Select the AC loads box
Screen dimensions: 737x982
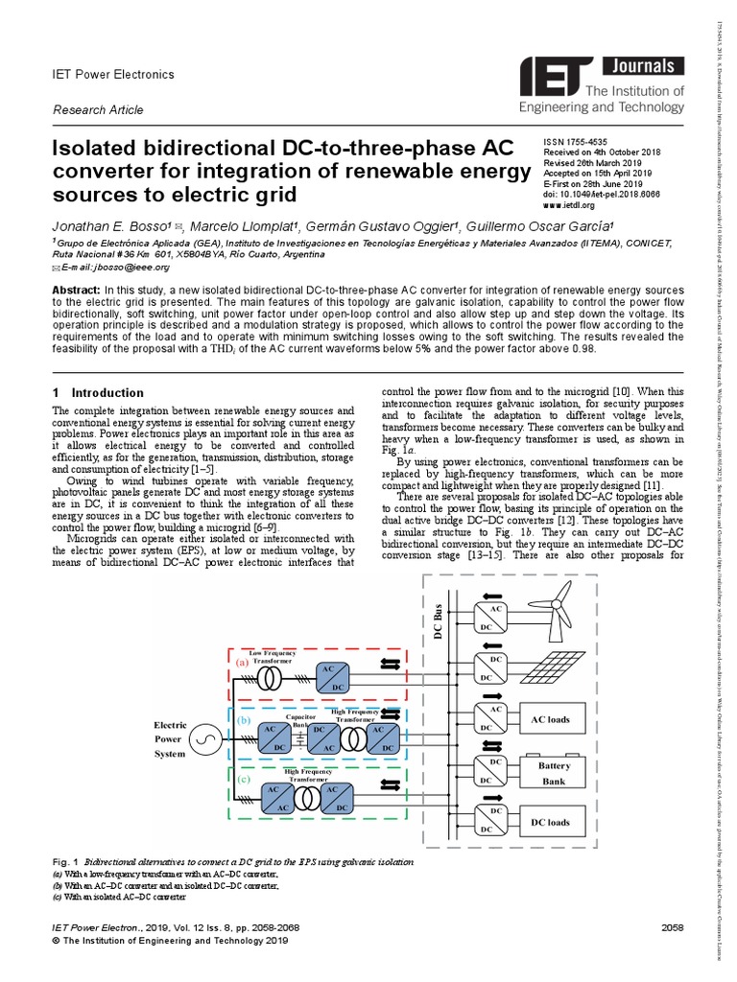pyautogui.click(x=550, y=719)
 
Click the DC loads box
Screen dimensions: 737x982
pyautogui.click(x=550, y=822)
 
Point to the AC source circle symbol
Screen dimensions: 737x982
pyautogui.click(x=203, y=739)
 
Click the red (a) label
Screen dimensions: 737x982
pyautogui.click(x=243, y=662)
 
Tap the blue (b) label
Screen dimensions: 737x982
pyautogui.click(x=243, y=719)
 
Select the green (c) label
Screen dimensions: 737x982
pyautogui.click(x=243, y=780)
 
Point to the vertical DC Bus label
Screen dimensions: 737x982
pyautogui.click(x=439, y=624)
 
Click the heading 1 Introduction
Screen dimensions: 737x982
pyautogui.click(x=98, y=393)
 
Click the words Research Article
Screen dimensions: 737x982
pyautogui.click(x=98, y=109)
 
